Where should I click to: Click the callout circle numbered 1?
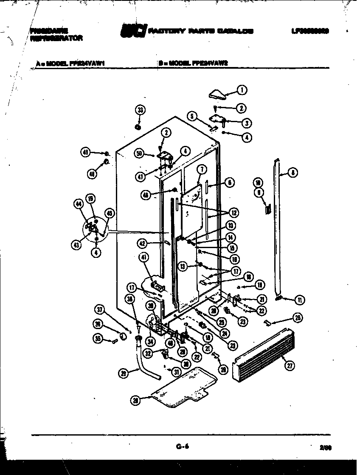(242, 90)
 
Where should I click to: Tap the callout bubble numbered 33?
(140, 110)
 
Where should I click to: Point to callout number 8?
(292, 172)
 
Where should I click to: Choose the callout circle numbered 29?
(124, 373)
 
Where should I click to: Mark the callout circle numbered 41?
(144, 257)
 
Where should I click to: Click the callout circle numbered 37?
(99, 309)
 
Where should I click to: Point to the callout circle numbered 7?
(201, 169)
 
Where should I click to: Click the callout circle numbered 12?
(234, 212)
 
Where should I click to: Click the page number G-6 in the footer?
(182, 446)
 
